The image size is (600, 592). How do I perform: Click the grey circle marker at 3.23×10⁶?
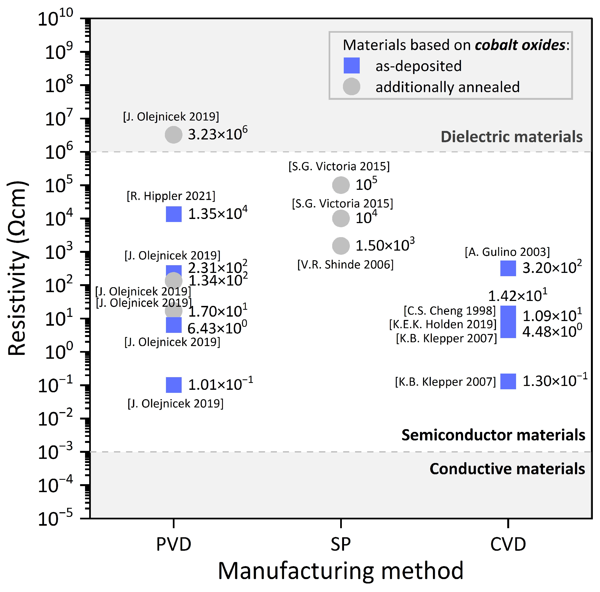[174, 135]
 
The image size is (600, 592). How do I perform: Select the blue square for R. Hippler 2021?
[174, 214]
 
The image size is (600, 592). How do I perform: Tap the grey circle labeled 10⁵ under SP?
[341, 185]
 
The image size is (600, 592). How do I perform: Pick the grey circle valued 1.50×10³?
[341, 246]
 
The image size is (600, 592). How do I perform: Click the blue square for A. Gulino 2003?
[508, 268]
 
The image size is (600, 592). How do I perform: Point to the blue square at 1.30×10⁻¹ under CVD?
[508, 381]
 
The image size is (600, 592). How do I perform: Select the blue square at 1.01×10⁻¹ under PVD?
[174, 385]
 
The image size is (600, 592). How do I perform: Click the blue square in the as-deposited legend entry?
[351, 65]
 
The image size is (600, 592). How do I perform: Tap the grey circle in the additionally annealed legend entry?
[351, 87]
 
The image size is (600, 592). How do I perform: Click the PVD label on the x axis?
[174, 544]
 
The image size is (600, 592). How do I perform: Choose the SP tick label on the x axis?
[341, 544]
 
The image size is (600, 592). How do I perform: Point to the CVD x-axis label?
[508, 544]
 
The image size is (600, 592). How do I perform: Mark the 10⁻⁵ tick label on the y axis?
[55, 519]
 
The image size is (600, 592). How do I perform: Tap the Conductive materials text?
[507, 469]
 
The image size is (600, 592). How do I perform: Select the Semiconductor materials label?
[493, 435]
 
